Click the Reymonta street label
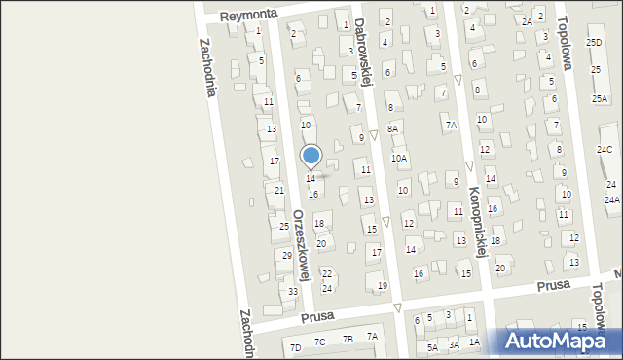point(248,15)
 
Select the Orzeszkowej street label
point(302,244)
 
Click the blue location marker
point(311,156)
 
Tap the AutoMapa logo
point(560,342)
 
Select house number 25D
point(594,43)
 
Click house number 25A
point(600,99)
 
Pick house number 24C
point(605,149)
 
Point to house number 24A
point(611,199)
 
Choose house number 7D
point(295,346)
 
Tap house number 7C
point(319,342)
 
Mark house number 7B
point(348,339)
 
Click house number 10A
point(399,158)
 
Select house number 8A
point(392,128)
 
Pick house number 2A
point(527,21)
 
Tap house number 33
point(293,291)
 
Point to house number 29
point(287,255)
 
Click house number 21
point(279,190)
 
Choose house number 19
point(383,285)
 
